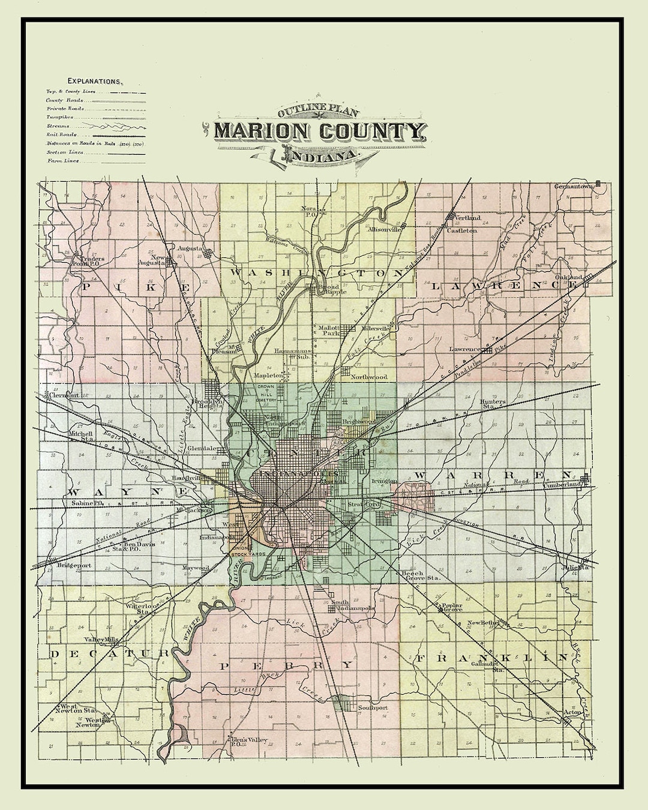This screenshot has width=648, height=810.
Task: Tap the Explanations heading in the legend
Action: point(95,80)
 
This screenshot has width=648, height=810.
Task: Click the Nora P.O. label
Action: point(308,211)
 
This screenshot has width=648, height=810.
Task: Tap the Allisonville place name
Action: point(385,229)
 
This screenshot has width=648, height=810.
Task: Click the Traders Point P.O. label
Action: point(88,261)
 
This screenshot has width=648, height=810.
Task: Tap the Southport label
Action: point(373,708)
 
